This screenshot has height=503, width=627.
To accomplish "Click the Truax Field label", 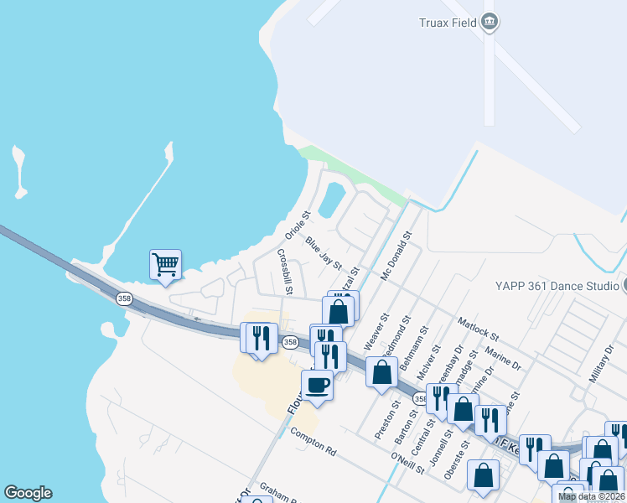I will coord(448,23).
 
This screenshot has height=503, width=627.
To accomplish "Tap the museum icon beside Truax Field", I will coord(490,22).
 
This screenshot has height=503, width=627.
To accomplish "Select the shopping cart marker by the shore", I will coord(166,264).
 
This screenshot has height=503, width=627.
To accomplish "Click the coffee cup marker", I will coord(318,385).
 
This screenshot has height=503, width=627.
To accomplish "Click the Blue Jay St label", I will coord(324,252).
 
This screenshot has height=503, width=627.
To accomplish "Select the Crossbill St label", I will coord(282,272).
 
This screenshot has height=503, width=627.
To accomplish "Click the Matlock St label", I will coord(478,324).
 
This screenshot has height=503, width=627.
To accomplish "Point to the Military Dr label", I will coord(602,362).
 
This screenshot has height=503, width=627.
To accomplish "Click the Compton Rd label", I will coord(313,442).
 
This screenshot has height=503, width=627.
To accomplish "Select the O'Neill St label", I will coord(408,463).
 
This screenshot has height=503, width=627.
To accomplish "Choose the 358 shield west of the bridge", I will coord(125,298).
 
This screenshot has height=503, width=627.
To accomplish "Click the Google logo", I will coord(28,493).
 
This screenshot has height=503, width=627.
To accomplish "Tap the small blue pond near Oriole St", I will coord(332,200).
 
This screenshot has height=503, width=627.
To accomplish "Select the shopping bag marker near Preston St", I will coord(381,371).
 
